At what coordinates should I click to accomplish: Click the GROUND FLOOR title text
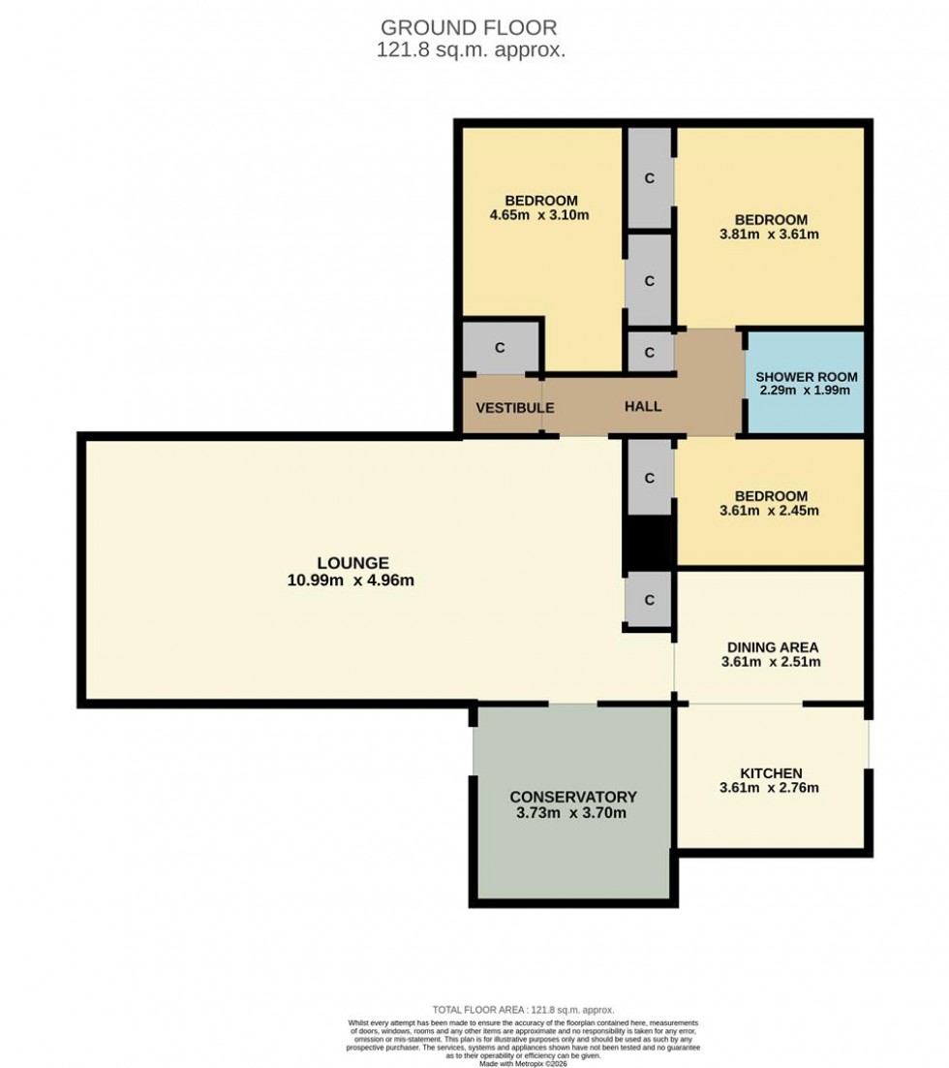pyautogui.click(x=469, y=27)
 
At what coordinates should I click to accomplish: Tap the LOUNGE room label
pyautogui.click(x=352, y=563)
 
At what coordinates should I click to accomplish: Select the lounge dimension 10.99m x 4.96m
pyautogui.click(x=352, y=581)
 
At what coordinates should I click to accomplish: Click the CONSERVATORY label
pyautogui.click(x=572, y=797)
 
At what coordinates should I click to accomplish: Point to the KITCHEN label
pyautogui.click(x=771, y=772)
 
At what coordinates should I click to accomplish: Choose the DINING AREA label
pyautogui.click(x=771, y=647)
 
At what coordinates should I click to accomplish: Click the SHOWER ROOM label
pyautogui.click(x=806, y=377)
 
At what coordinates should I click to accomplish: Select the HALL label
pyautogui.click(x=642, y=407)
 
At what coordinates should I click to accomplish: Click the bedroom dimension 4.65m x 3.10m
pyautogui.click(x=539, y=215)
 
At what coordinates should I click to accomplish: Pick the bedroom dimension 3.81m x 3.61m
pyautogui.click(x=770, y=235)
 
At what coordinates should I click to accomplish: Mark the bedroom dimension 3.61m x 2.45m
pyautogui.click(x=770, y=511)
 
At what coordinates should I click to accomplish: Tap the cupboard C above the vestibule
pyautogui.click(x=501, y=348)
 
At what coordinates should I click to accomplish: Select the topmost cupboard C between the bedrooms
pyautogui.click(x=650, y=178)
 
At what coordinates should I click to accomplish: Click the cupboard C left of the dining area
pyautogui.click(x=650, y=601)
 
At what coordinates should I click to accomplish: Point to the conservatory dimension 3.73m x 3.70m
pyautogui.click(x=572, y=813)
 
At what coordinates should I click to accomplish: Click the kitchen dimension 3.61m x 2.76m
pyautogui.click(x=771, y=788)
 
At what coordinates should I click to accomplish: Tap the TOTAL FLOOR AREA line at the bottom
pyautogui.click(x=523, y=1010)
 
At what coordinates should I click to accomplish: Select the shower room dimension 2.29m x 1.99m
pyautogui.click(x=806, y=392)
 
